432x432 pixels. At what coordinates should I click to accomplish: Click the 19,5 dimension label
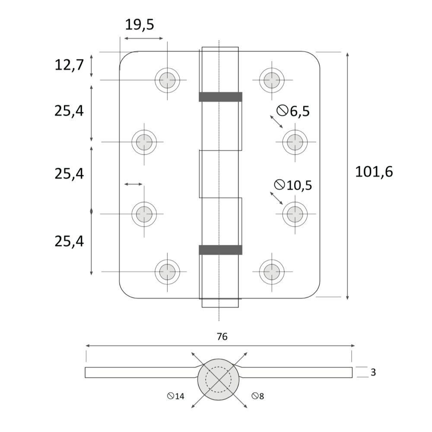coord(139,25)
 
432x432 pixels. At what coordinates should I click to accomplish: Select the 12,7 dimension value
coord(69,66)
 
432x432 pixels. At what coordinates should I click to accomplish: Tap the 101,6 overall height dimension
coord(374,172)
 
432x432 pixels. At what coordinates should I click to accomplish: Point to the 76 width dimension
coord(222,337)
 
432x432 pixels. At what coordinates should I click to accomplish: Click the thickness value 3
coord(373,372)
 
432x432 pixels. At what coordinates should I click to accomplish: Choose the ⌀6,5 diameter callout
coord(294,111)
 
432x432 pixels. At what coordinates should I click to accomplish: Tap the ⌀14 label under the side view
coord(176,396)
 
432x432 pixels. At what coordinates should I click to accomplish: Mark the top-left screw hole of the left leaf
coord(167,80)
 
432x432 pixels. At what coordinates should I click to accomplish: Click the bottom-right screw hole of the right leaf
coord(272,272)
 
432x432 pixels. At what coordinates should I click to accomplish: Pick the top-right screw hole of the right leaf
coord(272,80)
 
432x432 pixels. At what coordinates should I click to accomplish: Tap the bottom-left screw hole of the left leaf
coord(167,272)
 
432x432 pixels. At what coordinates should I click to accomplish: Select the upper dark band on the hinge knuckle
coord(220,97)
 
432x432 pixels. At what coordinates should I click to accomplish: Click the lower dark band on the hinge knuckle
coord(220,250)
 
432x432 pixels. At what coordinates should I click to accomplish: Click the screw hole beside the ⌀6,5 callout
coord(295,142)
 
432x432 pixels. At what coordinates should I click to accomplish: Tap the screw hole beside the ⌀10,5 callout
coord(295,213)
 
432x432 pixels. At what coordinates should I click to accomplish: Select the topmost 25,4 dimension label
coord(69,111)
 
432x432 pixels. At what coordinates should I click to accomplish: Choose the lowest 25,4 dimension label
coord(69,241)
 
